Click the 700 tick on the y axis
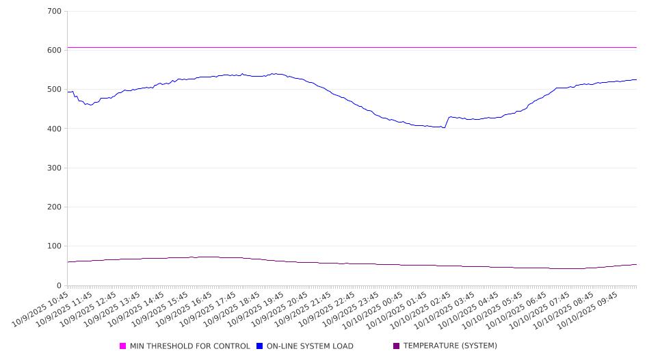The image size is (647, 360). point(55,12)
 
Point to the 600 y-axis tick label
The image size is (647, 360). point(55,51)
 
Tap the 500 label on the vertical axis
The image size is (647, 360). point(55,90)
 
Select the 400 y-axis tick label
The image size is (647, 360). point(55,129)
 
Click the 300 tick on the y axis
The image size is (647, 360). point(55,168)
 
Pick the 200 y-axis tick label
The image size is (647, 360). point(55,207)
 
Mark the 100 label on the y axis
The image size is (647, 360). point(55,246)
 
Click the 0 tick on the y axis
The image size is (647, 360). point(58,285)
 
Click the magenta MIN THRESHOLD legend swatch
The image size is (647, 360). point(123,346)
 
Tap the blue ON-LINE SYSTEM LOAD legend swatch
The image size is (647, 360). point(260,346)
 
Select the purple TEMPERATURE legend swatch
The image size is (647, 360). point(397,346)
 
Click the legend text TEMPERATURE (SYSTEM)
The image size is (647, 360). point(450,346)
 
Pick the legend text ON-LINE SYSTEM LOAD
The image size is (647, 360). point(310,346)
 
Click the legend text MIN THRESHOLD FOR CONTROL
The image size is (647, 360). point(190,346)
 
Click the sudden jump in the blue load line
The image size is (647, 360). point(447,122)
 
